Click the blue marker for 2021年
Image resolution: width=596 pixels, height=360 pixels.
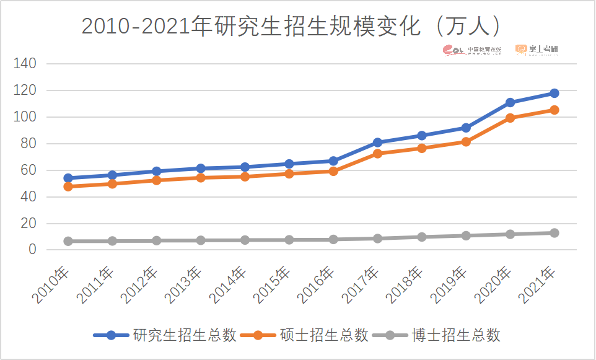click(x=554, y=93)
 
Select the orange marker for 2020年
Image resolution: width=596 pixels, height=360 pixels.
click(x=510, y=118)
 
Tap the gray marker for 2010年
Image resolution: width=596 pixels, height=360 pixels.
click(x=68, y=241)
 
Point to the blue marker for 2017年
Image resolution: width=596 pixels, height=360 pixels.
click(x=377, y=143)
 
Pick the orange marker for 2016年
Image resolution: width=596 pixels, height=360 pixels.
click(x=333, y=171)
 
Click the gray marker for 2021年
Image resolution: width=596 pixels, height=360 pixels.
click(x=554, y=233)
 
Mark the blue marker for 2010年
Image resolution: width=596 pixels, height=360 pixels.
click(x=68, y=178)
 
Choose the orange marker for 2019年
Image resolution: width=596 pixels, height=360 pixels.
click(x=466, y=142)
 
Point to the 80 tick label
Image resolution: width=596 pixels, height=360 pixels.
click(x=28, y=144)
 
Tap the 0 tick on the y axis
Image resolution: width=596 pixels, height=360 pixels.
click(x=32, y=250)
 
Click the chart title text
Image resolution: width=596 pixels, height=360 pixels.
click(x=291, y=26)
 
